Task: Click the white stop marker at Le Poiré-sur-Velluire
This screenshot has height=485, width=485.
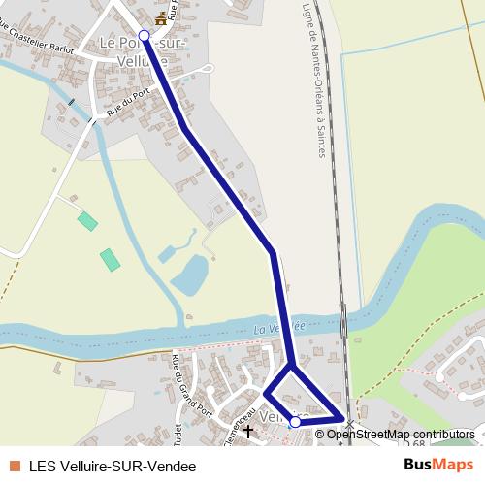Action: coord(144,36)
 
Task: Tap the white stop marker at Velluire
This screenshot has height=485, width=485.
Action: coord(295,422)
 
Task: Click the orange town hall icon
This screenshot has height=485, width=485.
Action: coord(161,18)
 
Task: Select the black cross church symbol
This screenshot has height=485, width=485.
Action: coord(247,427)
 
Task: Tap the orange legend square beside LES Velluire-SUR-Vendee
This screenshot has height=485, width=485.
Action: coord(14,466)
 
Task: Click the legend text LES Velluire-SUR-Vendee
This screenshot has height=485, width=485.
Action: coord(113,466)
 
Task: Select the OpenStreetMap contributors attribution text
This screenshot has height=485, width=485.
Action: coord(400,435)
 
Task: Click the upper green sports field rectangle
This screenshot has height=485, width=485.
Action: coord(87,221)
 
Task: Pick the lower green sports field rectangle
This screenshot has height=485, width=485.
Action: coord(110,259)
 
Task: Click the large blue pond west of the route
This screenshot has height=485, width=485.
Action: coord(190,275)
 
